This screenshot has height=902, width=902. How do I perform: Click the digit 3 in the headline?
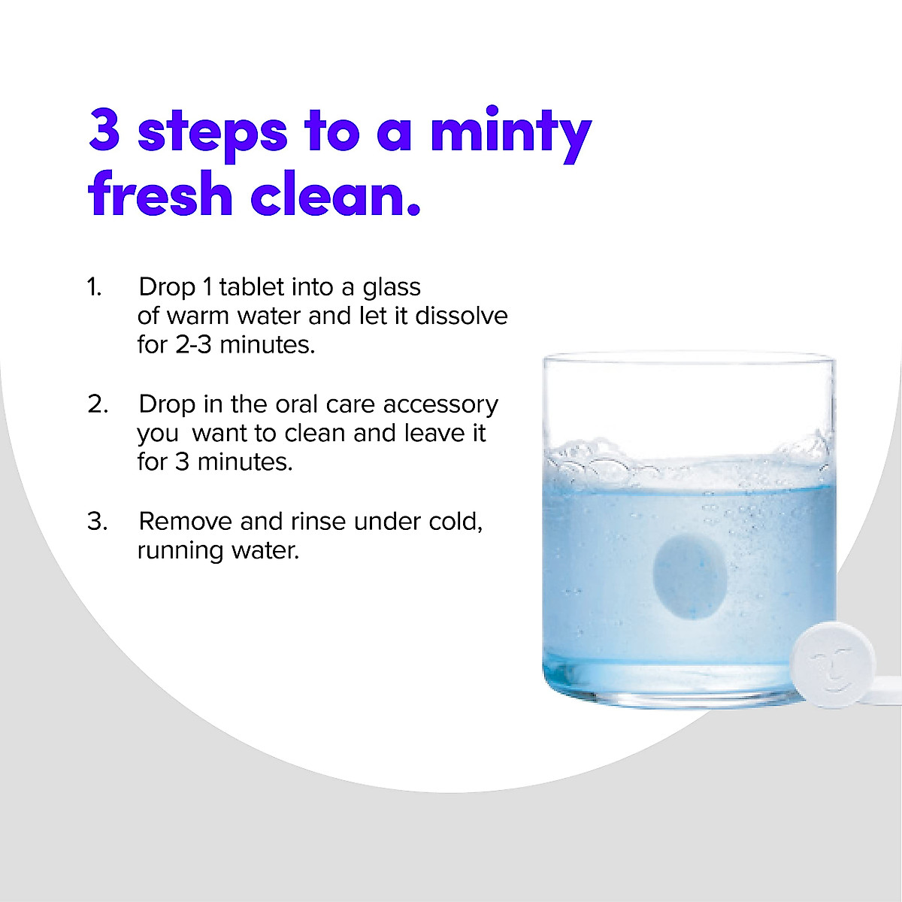click(x=105, y=130)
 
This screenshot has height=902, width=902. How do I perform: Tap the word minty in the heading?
click(x=510, y=132)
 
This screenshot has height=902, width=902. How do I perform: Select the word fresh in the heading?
click(x=160, y=193)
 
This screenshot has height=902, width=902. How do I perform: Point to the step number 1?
click(x=94, y=287)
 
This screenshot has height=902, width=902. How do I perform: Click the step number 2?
click(x=98, y=404)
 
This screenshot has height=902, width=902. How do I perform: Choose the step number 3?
click(x=97, y=522)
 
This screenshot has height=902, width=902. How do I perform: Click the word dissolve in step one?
click(x=462, y=316)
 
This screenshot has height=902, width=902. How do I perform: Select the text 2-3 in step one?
click(x=193, y=344)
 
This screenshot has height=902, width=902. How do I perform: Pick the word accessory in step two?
click(x=440, y=404)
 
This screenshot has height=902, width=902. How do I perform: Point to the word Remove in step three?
click(x=185, y=522)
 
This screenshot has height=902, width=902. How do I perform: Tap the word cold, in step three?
click(x=456, y=522)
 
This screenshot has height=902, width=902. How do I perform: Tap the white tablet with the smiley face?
click(x=832, y=661)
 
